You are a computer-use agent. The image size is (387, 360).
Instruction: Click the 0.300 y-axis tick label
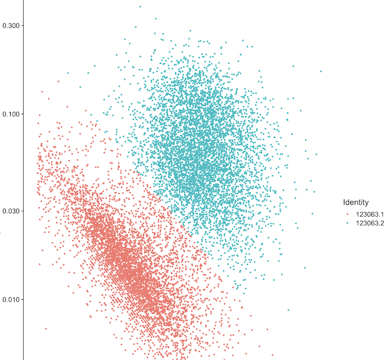(11, 25)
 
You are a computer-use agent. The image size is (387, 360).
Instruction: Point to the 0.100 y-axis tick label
(11, 114)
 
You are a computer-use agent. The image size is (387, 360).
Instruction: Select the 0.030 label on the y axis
(11, 211)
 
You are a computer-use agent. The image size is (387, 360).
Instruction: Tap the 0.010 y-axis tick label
(11, 299)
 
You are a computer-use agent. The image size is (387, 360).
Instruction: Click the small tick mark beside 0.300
(22, 25)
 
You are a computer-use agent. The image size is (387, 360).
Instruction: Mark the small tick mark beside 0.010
(22, 299)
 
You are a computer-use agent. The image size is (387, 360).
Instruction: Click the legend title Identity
(356, 202)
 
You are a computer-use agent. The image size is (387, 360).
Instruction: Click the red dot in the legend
(348, 214)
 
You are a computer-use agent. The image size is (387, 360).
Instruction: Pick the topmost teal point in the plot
(140, 6)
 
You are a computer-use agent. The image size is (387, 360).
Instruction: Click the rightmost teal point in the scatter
(321, 71)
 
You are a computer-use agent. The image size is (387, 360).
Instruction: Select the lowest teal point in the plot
(288, 310)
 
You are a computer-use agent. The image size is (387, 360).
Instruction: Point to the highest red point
(58, 81)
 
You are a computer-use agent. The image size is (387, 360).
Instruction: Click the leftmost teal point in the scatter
(68, 73)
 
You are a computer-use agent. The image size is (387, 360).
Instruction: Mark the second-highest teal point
(156, 19)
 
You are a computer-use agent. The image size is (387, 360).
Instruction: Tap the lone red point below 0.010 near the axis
(46, 329)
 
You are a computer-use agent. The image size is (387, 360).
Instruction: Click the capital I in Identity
(344, 202)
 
